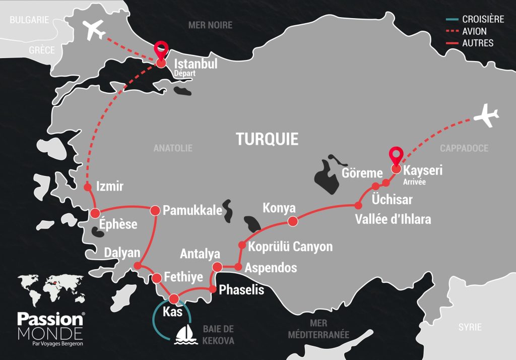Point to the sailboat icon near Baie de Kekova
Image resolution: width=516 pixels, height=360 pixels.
click(184, 335)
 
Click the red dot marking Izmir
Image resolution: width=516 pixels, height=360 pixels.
click(87, 187)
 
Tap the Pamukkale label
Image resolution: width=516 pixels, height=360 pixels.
click(193, 210)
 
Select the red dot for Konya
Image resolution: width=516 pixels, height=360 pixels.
click(292, 221)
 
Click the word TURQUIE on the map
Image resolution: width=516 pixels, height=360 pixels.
click(267, 139)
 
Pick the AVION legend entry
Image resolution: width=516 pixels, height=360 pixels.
click(474, 31)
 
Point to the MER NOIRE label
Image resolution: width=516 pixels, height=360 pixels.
click(210, 25)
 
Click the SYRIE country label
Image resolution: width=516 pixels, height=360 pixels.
click(470, 327)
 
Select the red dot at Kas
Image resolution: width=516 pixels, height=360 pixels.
click(174, 298)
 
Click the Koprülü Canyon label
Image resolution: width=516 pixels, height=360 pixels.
click(291, 247)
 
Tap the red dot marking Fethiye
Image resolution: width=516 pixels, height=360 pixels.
click(157, 278)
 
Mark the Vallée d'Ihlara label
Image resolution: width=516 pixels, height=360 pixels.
click(393, 220)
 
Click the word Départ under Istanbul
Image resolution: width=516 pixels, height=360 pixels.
click(184, 74)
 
